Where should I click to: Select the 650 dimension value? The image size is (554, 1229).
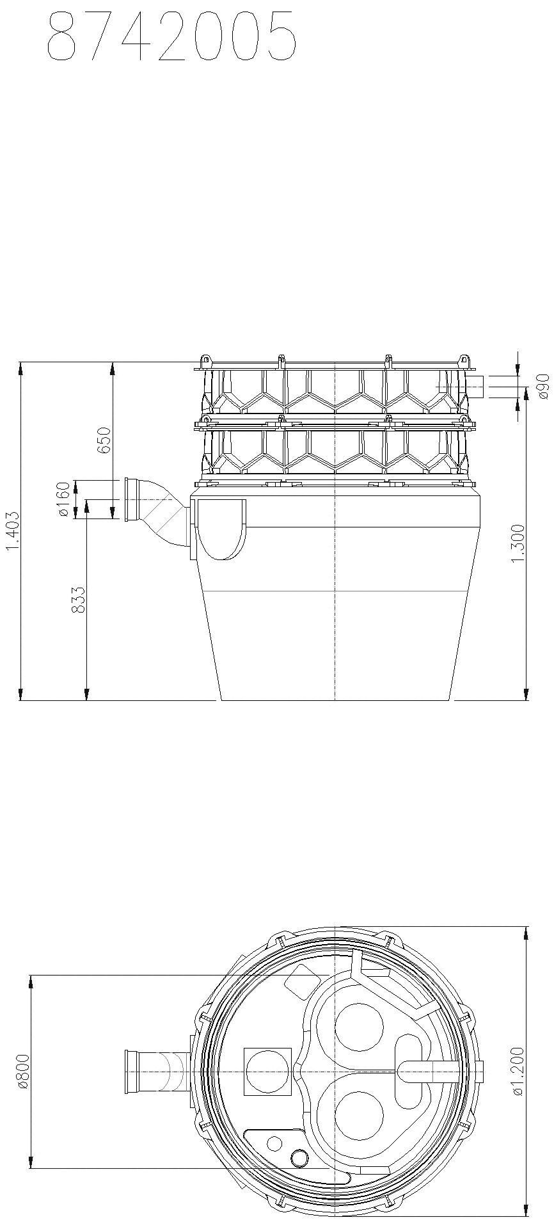pyautogui.click(x=104, y=440)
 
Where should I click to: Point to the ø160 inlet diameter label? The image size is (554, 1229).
pyautogui.click(x=63, y=500)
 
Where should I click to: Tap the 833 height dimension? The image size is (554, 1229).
pyautogui.click(x=78, y=600)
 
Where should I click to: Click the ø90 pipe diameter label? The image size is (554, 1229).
pyautogui.click(x=544, y=387)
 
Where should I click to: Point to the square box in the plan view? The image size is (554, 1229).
pyautogui.click(x=267, y=1072)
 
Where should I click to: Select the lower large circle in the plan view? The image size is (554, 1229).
pyautogui.click(x=359, y=1116)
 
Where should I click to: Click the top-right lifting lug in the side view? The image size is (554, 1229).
pyautogui.click(x=465, y=360)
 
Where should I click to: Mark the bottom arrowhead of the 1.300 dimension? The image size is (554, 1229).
pyautogui.click(x=526, y=695)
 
